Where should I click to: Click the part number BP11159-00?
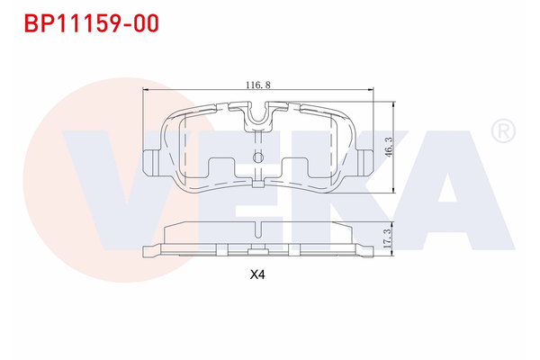click(x=86, y=23)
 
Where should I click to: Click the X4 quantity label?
click(x=258, y=276)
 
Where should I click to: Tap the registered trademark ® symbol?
click(x=502, y=132)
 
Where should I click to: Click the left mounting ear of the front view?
click(x=151, y=161)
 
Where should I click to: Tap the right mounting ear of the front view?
click(x=366, y=161)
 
